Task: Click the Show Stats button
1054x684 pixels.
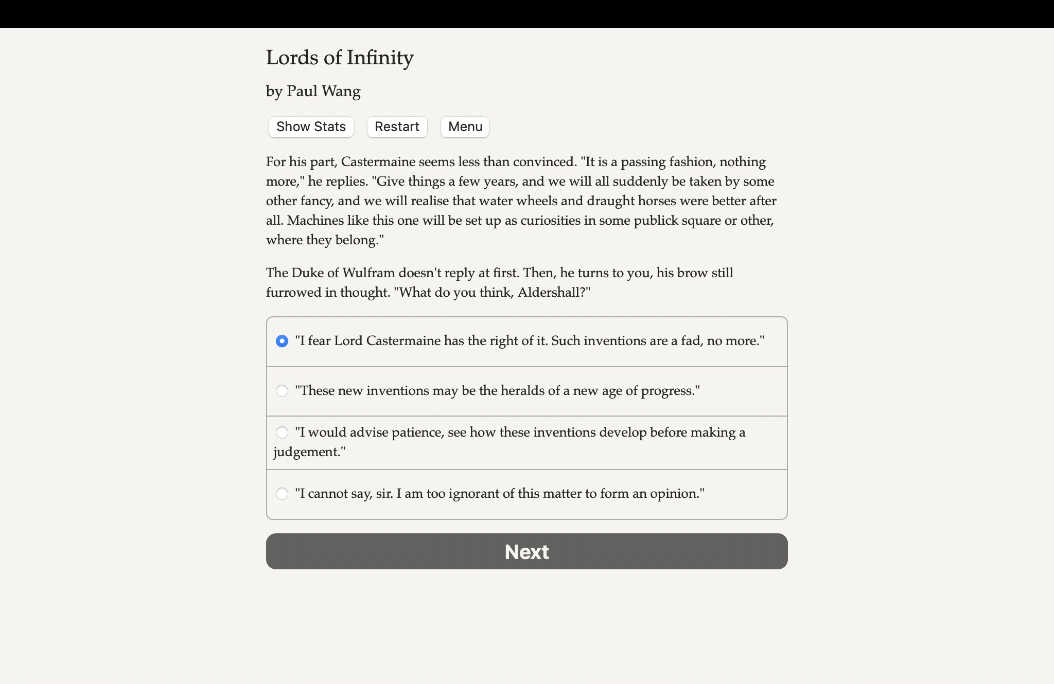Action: pos(311,127)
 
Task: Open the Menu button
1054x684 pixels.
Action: pos(465,127)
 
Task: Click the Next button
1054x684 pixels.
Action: pos(526,551)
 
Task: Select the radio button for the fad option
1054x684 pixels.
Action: pos(282,341)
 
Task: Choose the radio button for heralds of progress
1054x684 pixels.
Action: pos(282,391)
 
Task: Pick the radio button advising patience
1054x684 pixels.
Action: pos(282,433)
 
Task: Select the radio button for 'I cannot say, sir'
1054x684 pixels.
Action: pos(282,494)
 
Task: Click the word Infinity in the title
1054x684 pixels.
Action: pos(380,58)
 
